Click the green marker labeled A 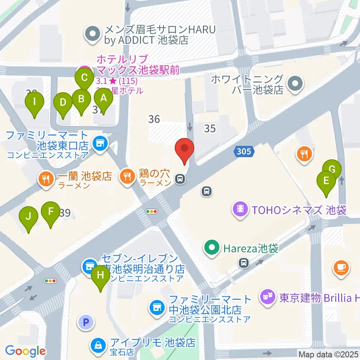(x=103, y=99)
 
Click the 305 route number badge (x=244, y=151)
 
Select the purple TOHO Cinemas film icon (x=240, y=208)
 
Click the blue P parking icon (x=86, y=322)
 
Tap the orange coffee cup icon (x=341, y=268)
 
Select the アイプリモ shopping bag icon (x=98, y=344)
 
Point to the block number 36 (x=154, y=119)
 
